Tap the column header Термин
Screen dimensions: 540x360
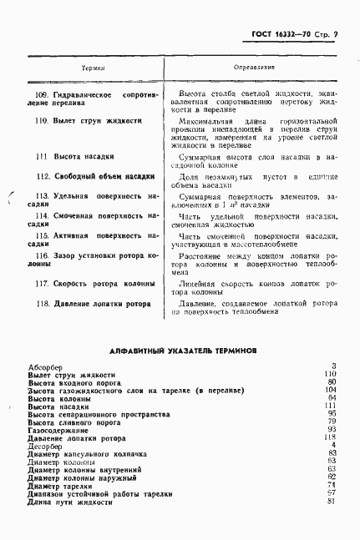[93, 65]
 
